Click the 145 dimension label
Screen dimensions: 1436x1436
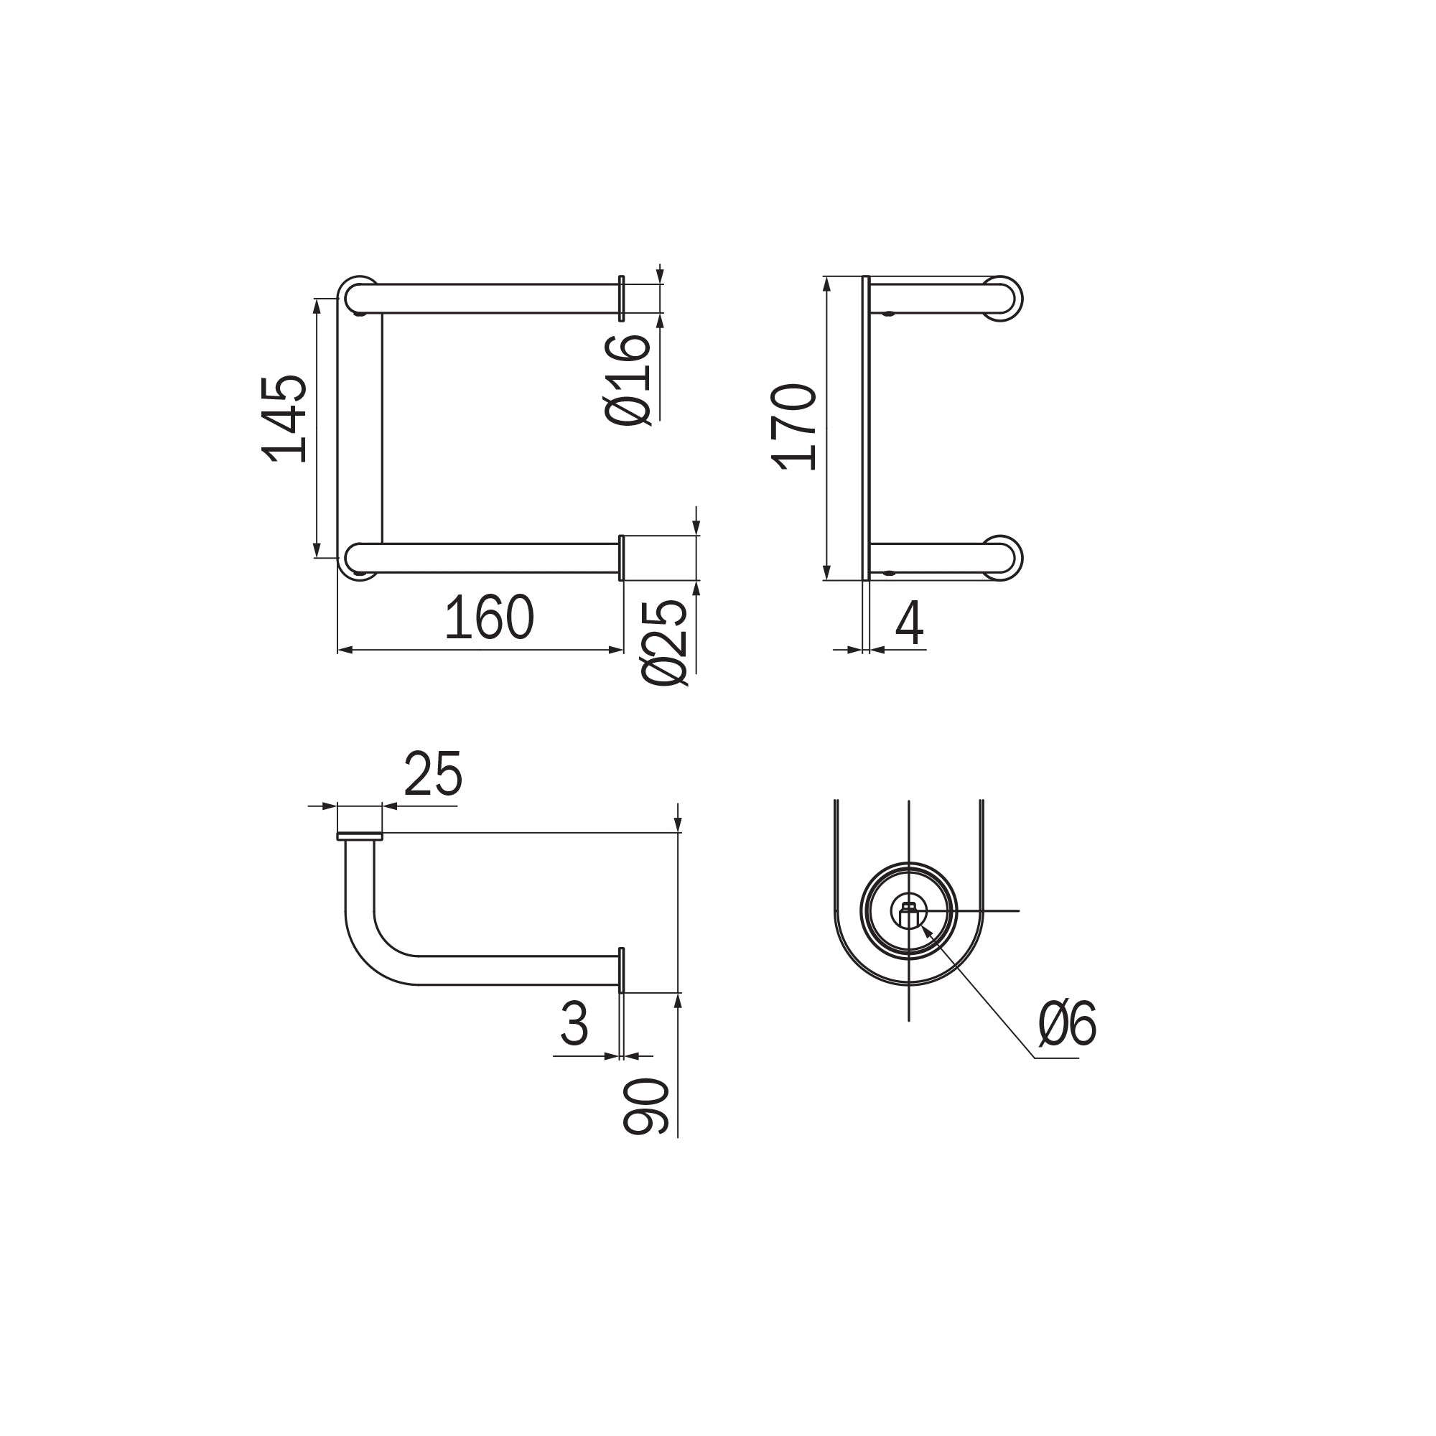pyautogui.click(x=284, y=419)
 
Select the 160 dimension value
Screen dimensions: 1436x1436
pyautogui.click(x=489, y=617)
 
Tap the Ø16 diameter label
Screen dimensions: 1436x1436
pyautogui.click(x=629, y=379)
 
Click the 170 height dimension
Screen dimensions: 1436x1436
pyautogui.click(x=795, y=426)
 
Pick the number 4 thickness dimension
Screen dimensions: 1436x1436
pyautogui.click(x=909, y=622)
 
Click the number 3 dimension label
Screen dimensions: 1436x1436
pyautogui.click(x=574, y=1023)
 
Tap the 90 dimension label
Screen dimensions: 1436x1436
pyautogui.click(x=646, y=1106)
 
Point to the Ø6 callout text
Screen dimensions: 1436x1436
pyautogui.click(x=1068, y=1023)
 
